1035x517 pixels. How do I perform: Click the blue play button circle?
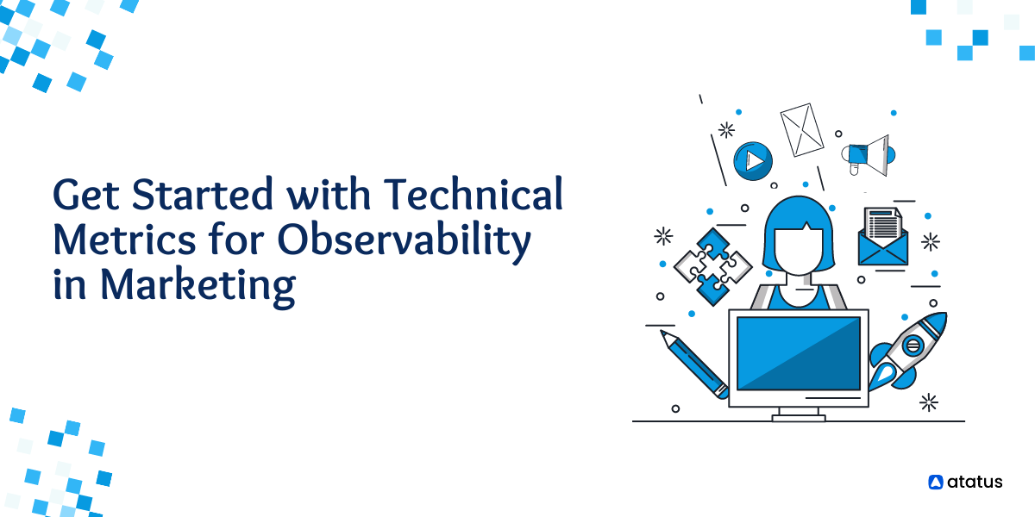752,161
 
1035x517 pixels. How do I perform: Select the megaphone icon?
868,155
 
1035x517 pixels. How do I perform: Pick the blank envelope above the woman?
802,129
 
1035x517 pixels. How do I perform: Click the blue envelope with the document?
882,236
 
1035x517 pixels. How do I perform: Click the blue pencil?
696,365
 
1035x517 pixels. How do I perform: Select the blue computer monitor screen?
798,352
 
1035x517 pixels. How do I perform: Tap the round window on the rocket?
913,346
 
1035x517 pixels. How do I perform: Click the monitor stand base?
799,418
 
